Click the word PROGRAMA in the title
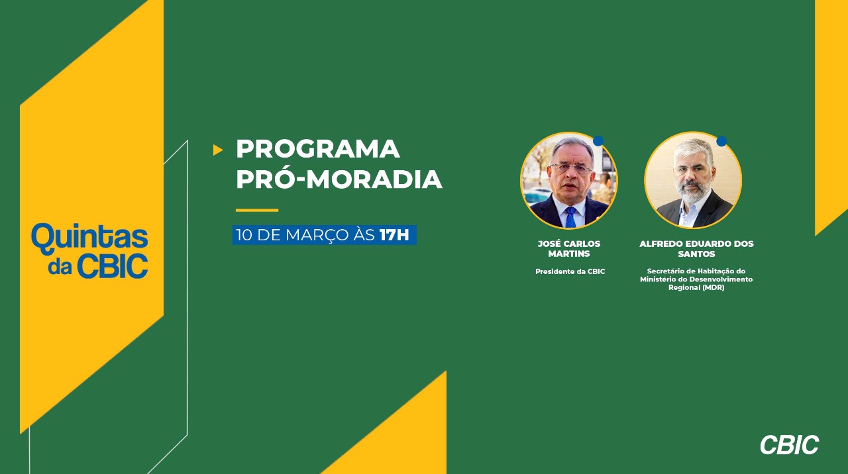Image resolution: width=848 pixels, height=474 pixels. (x=317, y=149)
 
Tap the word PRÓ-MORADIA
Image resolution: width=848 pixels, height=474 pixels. (x=339, y=179)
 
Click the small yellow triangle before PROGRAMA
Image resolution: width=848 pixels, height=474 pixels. (x=218, y=150)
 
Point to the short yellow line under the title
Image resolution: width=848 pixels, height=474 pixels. (x=257, y=210)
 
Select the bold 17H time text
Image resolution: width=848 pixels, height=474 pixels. (x=394, y=235)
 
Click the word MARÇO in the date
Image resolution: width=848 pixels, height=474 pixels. (x=317, y=236)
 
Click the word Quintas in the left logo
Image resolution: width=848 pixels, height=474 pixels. (x=89, y=237)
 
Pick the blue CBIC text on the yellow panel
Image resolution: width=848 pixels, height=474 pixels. (x=113, y=267)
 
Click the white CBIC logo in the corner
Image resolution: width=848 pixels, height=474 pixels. (x=789, y=445)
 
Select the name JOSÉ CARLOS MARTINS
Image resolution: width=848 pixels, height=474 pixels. (x=569, y=248)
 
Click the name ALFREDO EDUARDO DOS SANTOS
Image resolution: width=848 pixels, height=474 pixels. (x=696, y=248)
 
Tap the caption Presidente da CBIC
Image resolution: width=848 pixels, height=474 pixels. (x=570, y=271)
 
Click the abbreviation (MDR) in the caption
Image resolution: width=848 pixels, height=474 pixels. (x=714, y=287)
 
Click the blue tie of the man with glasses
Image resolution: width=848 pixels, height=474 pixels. (x=570, y=217)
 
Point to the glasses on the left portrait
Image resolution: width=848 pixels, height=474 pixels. (x=571, y=167)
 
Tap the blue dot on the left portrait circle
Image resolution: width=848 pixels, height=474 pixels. (x=598, y=141)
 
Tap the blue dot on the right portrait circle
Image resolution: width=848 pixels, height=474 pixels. (x=721, y=141)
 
